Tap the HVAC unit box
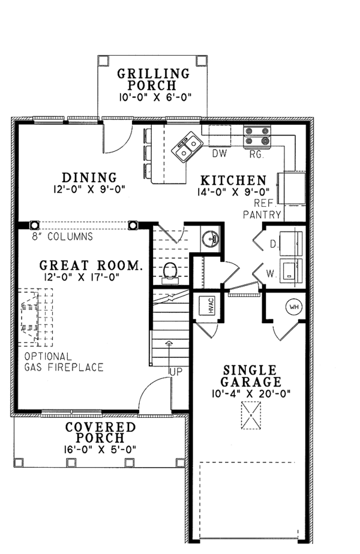click(202, 306)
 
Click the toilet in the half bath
click(171, 271)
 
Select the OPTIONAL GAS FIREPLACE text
click(63, 362)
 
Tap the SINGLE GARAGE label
click(250, 376)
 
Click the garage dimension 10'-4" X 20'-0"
click(250, 394)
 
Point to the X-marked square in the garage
click(250, 415)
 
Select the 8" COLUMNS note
click(62, 236)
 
